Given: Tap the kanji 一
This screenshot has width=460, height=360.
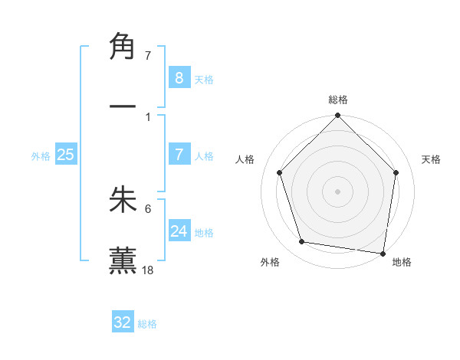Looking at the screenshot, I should (x=123, y=106).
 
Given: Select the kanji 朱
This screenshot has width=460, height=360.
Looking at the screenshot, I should (x=123, y=200).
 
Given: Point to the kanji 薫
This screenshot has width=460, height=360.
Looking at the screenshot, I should (x=123, y=260).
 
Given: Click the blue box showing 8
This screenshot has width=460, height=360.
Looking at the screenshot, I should (x=179, y=77).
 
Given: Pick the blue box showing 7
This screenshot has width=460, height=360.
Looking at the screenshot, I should (x=179, y=155).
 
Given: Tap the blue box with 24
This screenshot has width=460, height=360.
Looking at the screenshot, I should (x=179, y=231).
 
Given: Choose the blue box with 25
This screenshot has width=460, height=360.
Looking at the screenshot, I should (x=65, y=155).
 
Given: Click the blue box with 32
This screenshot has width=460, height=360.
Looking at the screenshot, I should (x=123, y=322).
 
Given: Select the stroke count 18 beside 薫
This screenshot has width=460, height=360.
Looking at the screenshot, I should (x=149, y=270).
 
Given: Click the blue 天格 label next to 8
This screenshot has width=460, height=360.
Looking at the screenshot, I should (x=204, y=79).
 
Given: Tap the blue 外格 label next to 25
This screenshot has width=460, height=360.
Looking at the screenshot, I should (x=41, y=156).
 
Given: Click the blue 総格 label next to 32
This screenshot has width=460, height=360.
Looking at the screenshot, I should (x=147, y=324).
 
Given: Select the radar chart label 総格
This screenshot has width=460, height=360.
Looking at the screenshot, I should (x=338, y=100).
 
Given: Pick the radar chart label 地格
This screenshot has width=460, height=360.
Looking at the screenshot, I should (x=402, y=262).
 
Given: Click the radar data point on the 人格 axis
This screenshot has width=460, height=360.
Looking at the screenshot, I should (x=280, y=172).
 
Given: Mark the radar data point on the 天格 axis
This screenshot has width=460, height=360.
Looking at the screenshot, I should (x=396, y=172).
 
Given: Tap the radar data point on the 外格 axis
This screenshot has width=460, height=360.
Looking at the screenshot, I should (x=302, y=242).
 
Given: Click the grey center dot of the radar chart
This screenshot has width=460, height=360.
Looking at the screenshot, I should (x=338, y=191).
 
